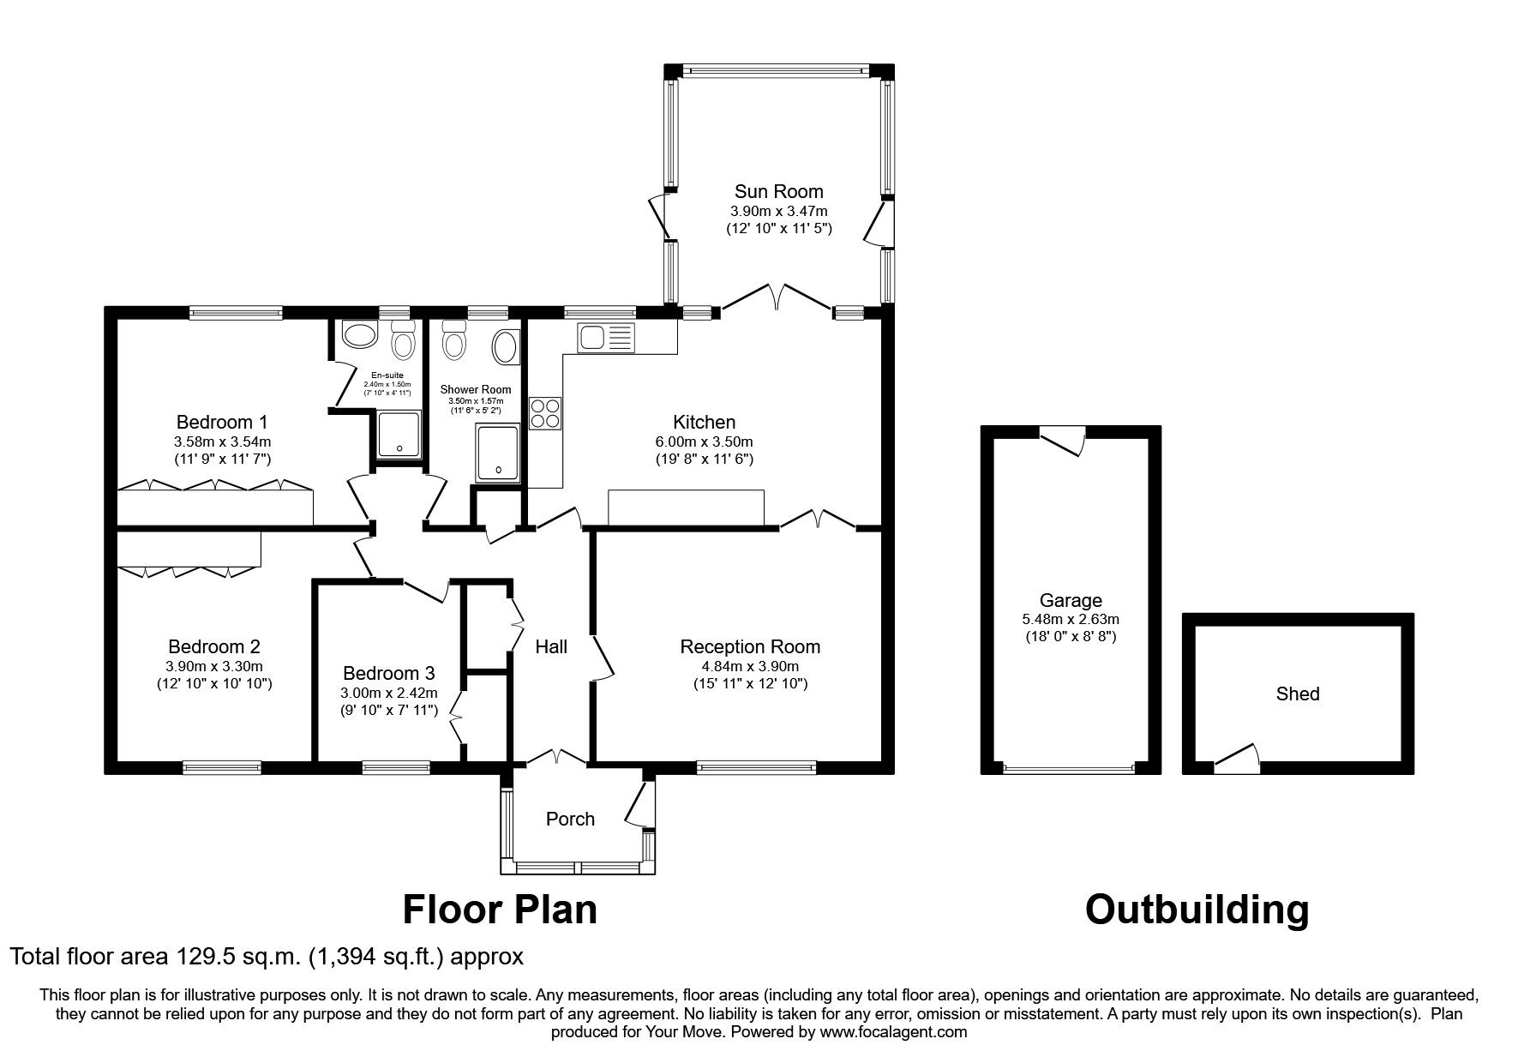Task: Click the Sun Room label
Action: pos(778,191)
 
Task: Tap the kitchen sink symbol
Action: pos(604,338)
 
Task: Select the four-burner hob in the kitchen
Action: pos(545,414)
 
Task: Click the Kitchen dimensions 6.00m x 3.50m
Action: pos(705,441)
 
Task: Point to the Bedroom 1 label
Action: pos(222,422)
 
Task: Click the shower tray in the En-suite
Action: pos(399,435)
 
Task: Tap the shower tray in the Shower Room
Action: pos(498,452)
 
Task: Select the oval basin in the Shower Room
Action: pos(506,349)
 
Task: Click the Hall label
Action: pos(551,647)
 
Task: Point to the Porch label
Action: pos(570,820)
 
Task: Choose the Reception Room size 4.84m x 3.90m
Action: pos(750,666)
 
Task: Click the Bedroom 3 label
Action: pos(388,674)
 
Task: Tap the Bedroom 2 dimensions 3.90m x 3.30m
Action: pos(214,666)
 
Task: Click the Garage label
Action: pos(1071,600)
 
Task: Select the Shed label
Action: pos(1297,694)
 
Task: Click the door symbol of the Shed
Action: pos(1237,758)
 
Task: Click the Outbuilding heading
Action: pos(1197,910)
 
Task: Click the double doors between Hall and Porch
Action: pos(557,756)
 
